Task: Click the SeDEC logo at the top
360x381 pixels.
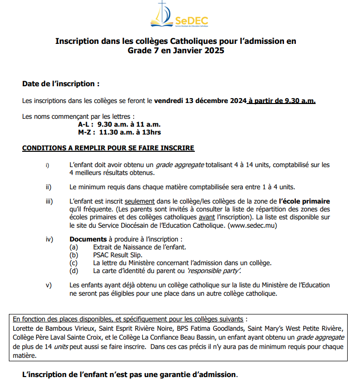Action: [x=179, y=16]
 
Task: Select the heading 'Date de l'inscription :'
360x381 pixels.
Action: [x=61, y=84]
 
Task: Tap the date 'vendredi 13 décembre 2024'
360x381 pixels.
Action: [x=200, y=101]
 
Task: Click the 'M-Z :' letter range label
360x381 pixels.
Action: [x=86, y=132]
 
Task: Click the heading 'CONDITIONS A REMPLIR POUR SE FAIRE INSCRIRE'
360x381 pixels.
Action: [x=108, y=148]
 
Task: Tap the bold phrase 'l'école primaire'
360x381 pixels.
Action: [x=304, y=202]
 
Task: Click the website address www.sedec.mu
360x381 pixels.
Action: [x=253, y=225]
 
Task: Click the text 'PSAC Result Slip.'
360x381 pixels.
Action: [x=117, y=255]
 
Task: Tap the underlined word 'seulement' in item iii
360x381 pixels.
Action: [x=140, y=202]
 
